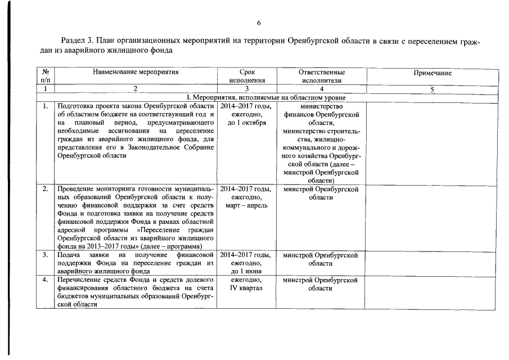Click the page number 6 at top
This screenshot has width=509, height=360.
pos(259,23)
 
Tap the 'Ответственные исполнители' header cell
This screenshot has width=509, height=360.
pos(322,76)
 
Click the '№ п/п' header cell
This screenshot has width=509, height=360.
pos(46,76)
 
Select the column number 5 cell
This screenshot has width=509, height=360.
pos(433,89)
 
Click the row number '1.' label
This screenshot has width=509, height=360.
pos(45,106)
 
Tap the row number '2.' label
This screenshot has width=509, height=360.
pos(45,189)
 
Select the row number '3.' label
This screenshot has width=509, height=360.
pos(45,255)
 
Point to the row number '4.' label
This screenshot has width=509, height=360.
pos(45,280)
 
